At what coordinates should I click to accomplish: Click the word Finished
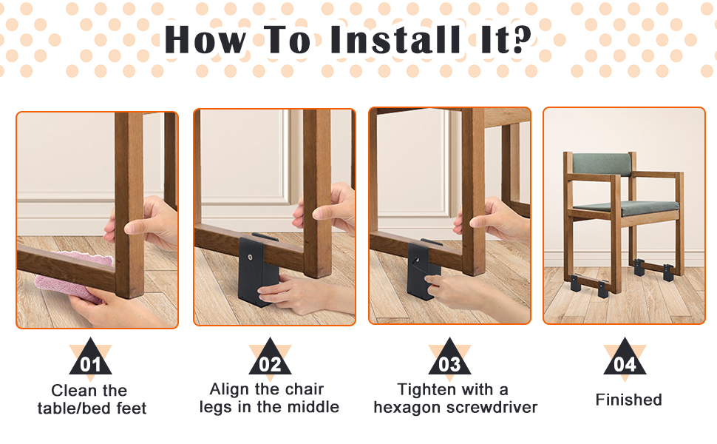pos(628,400)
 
